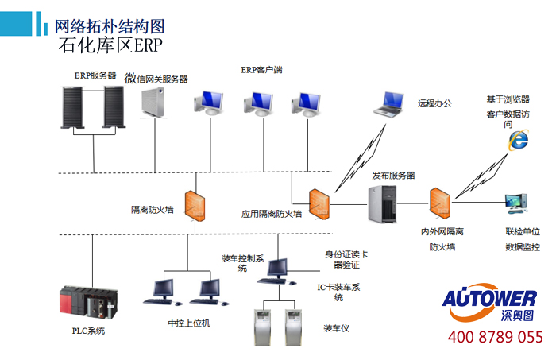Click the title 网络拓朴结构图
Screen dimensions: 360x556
point(110,25)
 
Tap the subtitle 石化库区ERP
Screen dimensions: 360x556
point(110,45)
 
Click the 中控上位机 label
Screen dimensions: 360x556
point(189,323)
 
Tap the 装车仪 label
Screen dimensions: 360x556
point(336,328)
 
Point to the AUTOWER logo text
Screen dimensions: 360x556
point(489,298)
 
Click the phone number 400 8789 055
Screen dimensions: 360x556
point(495,337)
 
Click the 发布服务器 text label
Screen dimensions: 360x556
point(393,175)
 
